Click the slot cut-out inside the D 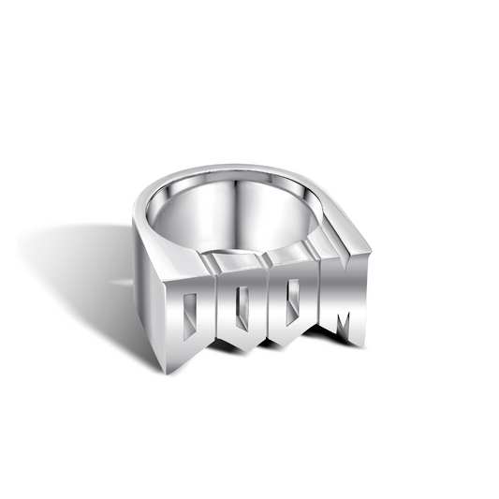pos(189,313)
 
